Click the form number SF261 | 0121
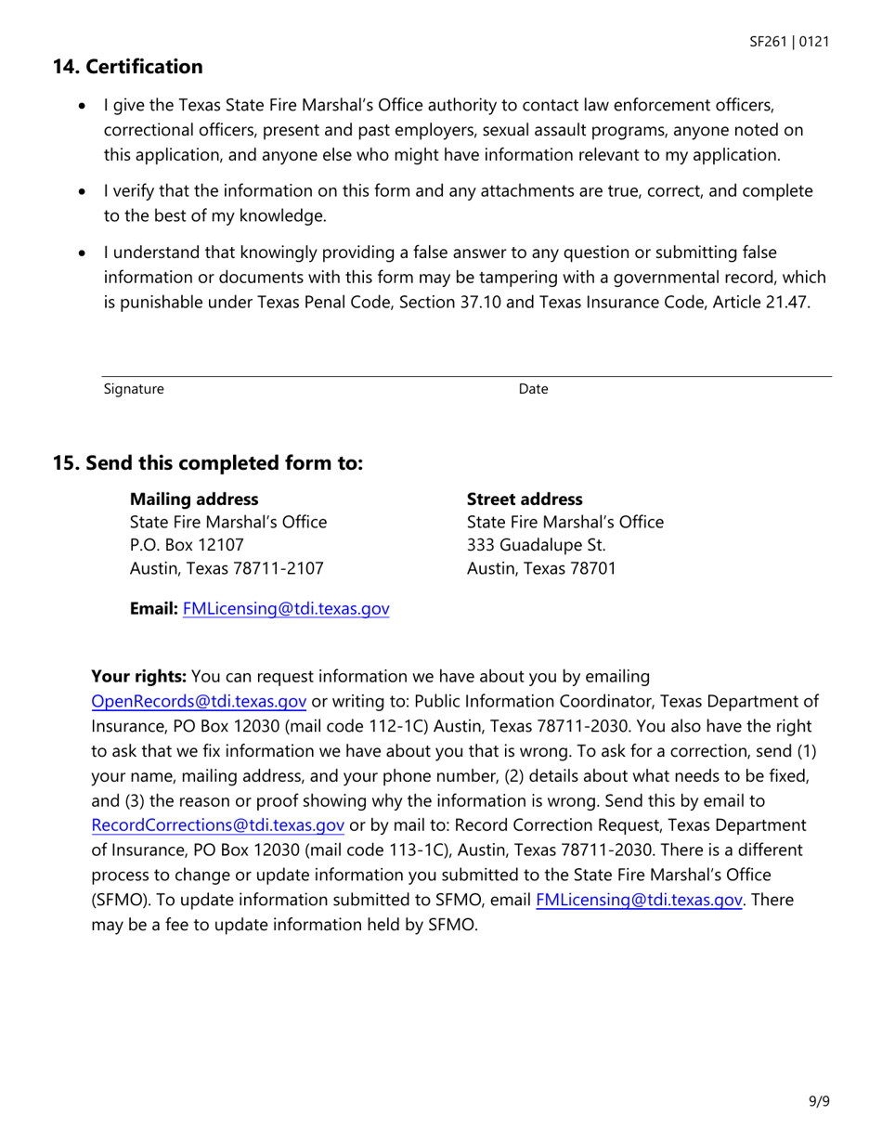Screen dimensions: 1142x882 (791, 43)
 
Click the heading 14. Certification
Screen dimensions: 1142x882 (127, 67)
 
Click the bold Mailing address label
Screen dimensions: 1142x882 (193, 500)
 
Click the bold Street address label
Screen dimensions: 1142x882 (525, 500)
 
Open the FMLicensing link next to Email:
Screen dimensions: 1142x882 (286, 610)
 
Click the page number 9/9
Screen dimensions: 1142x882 (818, 1102)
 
